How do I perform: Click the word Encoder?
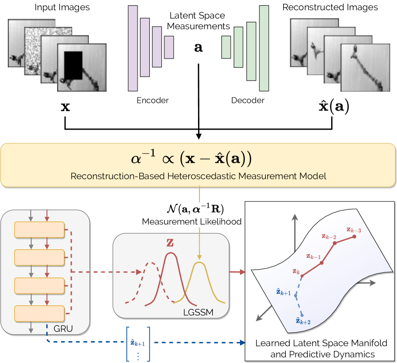(153, 100)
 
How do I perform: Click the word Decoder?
(247, 100)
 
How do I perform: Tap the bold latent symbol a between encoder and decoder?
(199, 48)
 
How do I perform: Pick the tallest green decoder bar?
(264, 48)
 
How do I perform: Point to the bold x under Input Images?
(65, 107)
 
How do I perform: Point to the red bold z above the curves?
(170, 243)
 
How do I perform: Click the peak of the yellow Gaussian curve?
(198, 263)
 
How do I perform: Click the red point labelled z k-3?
(355, 237)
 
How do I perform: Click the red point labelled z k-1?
(321, 263)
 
